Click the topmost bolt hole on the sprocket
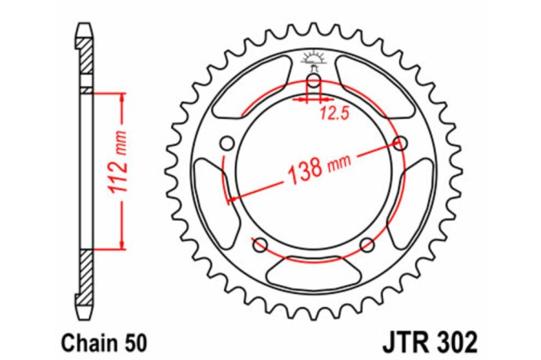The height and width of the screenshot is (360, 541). (x=314, y=83)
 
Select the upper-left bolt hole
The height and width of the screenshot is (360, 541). (x=227, y=144)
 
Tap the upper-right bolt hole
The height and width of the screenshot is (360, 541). (x=401, y=143)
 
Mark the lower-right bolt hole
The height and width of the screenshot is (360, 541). (x=368, y=245)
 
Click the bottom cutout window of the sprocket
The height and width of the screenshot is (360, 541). (x=314, y=271)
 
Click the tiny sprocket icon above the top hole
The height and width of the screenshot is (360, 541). (x=314, y=58)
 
